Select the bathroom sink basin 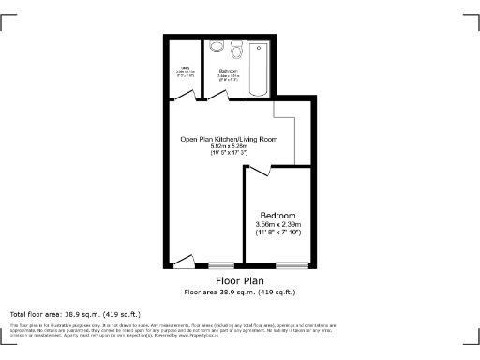click(235, 46)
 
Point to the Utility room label click(185, 71)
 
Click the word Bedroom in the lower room click(278, 215)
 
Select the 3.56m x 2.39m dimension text click(278, 225)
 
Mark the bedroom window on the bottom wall click(278, 265)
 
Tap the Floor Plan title click(239, 280)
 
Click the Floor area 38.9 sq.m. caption click(239, 292)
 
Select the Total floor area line click(74, 313)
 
